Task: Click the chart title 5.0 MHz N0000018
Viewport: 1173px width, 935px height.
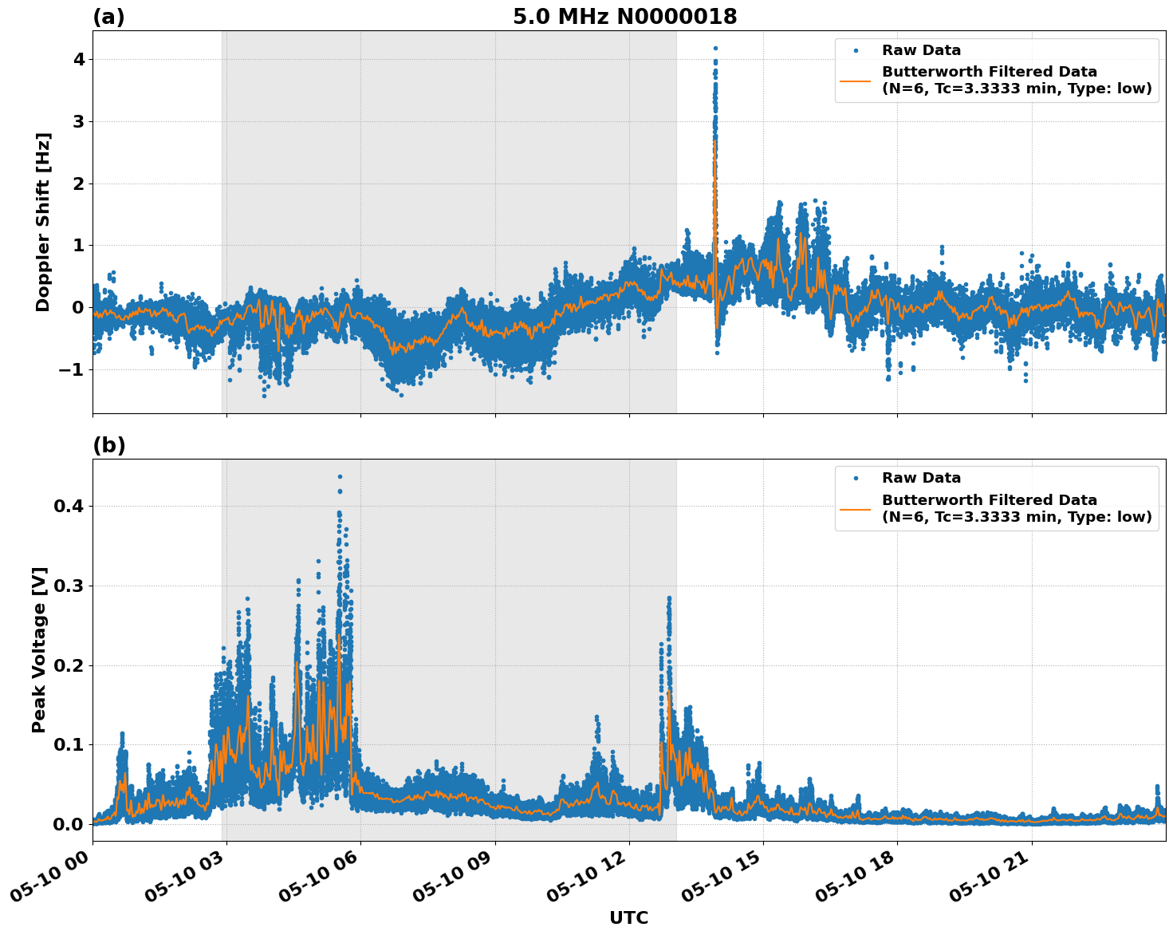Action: [624, 17]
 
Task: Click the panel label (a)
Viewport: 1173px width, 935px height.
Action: [108, 17]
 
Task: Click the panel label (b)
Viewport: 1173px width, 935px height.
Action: [108, 445]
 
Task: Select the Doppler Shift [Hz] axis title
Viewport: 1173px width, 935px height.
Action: [43, 222]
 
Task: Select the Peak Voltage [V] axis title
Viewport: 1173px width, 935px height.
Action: [39, 649]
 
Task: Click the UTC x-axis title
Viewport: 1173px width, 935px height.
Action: [628, 917]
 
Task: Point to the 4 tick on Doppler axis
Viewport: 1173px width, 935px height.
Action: [79, 60]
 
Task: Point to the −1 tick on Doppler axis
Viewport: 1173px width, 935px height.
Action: [73, 369]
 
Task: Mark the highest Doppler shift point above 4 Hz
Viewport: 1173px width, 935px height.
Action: [715, 48]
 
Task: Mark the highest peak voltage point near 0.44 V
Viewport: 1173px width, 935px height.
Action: [340, 476]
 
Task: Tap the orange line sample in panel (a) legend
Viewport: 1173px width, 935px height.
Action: [855, 81]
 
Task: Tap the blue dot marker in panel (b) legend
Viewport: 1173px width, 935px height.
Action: [856, 478]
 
